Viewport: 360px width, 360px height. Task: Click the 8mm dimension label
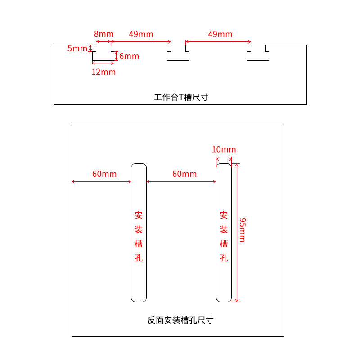103,34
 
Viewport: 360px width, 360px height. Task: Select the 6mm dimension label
129,56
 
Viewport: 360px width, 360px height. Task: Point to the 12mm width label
103,72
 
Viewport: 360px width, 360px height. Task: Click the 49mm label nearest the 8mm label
141,34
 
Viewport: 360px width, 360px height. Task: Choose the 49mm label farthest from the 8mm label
220,34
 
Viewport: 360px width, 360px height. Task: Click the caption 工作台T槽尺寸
181,97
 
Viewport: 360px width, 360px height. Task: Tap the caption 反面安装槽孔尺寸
180,320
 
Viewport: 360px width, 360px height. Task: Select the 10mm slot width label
224,149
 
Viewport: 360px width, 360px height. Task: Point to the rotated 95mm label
242,229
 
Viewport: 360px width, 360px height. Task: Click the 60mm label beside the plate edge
104,174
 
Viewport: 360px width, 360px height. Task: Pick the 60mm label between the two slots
184,174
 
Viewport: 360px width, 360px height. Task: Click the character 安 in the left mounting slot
139,215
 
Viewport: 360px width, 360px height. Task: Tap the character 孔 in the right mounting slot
224,258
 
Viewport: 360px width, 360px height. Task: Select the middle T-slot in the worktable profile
178,54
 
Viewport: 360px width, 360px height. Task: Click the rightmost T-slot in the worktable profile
258,54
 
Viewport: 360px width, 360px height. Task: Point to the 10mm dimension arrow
224,159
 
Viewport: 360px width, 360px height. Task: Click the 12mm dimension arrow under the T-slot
103,63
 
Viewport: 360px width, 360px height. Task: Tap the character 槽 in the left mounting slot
139,244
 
